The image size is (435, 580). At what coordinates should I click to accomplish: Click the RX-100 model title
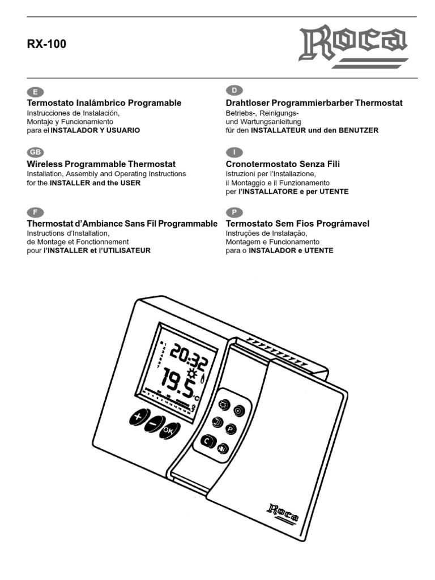[47, 44]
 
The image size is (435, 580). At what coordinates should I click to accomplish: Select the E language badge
[36, 91]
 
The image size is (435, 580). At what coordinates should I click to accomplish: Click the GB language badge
[36, 152]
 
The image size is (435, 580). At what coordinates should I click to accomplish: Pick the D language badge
[233, 91]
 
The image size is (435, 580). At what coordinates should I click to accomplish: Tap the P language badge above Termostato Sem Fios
[233, 212]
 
